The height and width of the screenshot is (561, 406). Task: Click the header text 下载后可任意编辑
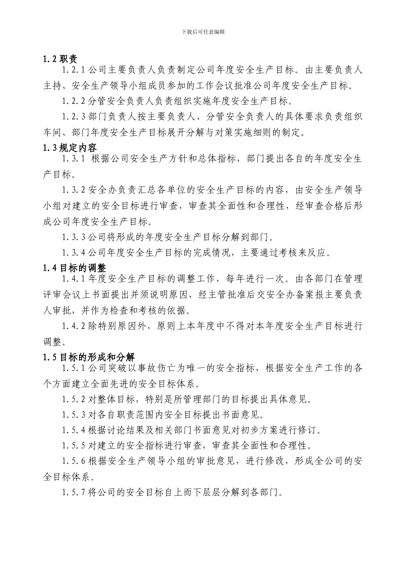coord(203,32)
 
